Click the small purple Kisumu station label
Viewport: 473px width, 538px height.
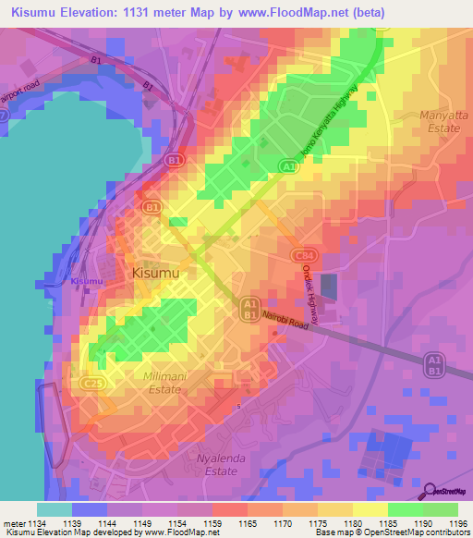coord(86,280)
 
